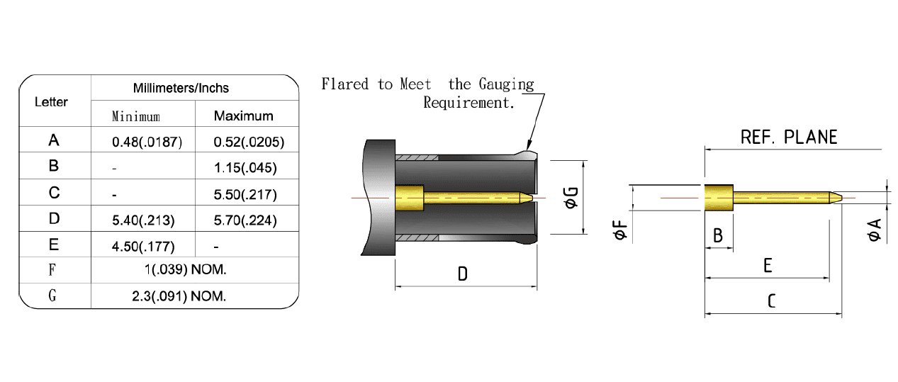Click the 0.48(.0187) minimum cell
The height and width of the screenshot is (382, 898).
[x=147, y=142]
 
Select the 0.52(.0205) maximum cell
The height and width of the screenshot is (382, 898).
[x=249, y=142]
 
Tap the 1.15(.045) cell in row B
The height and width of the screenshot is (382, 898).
[x=245, y=167]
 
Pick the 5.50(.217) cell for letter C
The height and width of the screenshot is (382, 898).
[x=245, y=194]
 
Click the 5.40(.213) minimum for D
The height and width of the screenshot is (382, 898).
[x=143, y=220]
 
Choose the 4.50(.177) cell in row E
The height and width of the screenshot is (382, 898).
[x=143, y=246]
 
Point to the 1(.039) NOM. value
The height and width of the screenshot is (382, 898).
[x=186, y=269]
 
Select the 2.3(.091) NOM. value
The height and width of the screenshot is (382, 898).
[x=179, y=296]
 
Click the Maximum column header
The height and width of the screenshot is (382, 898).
[x=243, y=116]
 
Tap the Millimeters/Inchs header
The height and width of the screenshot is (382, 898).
[x=181, y=88]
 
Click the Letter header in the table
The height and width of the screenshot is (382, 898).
[x=51, y=102]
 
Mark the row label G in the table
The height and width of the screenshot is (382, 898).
[x=52, y=296]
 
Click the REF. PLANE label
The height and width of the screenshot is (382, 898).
[x=789, y=137]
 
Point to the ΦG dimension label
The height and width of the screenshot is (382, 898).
[x=571, y=198]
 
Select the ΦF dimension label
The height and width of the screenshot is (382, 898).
[x=619, y=230]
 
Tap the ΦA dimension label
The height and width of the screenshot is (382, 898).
[x=874, y=230]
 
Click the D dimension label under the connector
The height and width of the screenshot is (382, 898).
[x=463, y=274]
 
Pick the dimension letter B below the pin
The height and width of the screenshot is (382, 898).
[x=718, y=236]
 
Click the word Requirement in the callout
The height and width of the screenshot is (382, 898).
[x=469, y=103]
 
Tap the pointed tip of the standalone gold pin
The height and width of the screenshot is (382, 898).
[x=841, y=198]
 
